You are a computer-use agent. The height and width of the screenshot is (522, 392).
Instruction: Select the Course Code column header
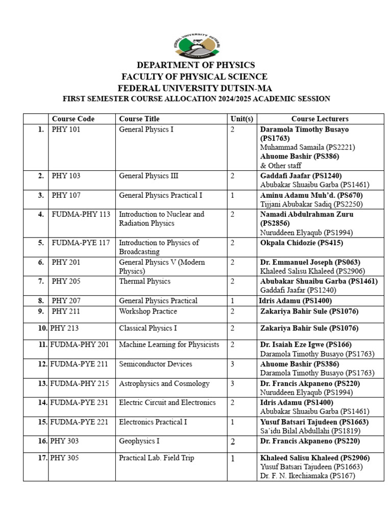tap(73, 119)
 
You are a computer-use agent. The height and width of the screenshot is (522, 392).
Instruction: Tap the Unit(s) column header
tap(241, 119)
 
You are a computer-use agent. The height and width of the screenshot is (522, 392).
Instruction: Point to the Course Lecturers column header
tap(320, 119)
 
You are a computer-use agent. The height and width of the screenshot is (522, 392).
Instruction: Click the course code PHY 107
tap(66, 195)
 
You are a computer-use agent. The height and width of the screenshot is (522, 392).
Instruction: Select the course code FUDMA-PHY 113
tap(81, 214)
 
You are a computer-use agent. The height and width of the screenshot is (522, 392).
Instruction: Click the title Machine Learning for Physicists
tap(169, 345)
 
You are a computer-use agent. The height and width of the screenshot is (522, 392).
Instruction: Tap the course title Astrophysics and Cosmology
tap(164, 383)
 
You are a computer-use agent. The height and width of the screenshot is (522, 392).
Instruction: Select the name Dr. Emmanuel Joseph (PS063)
tap(312, 262)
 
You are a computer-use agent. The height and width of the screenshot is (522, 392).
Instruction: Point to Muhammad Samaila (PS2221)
tap(307, 147)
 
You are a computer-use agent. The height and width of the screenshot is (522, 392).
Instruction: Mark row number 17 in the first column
tap(42, 458)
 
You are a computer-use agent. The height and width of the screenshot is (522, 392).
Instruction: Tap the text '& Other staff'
tap(281, 166)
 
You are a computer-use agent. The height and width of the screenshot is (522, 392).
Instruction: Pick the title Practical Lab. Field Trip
tap(156, 458)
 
